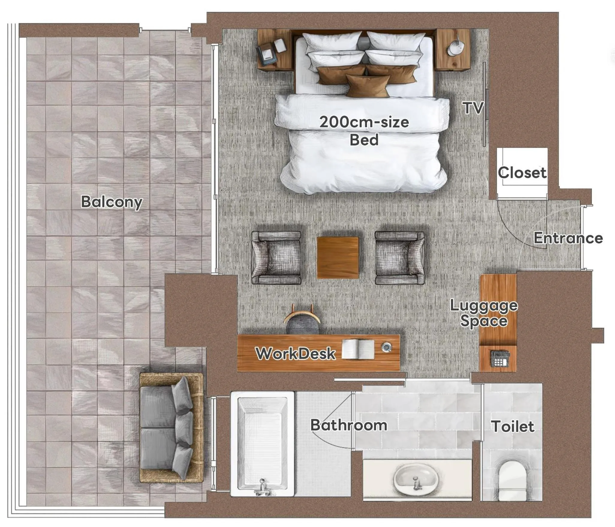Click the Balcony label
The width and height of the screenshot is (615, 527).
[x=112, y=202]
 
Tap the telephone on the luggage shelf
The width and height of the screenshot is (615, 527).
[x=500, y=359]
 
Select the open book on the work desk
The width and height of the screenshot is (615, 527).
[x=358, y=349]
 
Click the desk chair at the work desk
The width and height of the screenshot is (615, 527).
[x=302, y=321]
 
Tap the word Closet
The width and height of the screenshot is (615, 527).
[x=522, y=173]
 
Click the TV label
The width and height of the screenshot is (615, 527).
[x=473, y=108]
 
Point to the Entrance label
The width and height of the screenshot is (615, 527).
[x=568, y=238]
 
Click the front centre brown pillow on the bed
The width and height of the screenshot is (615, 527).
[x=368, y=85]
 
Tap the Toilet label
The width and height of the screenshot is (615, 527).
[x=512, y=426]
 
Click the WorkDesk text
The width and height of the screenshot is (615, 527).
[x=295, y=354]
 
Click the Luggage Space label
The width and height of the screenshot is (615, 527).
[x=484, y=313]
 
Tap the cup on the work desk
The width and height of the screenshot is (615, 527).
[x=386, y=347]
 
